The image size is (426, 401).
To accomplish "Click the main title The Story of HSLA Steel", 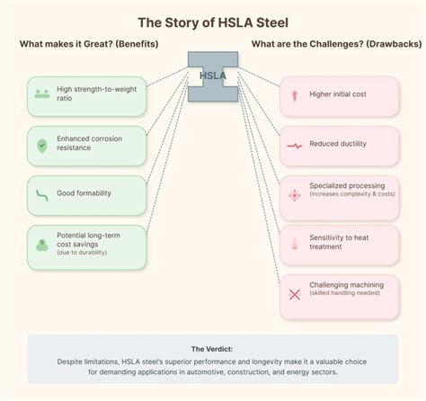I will [x=213, y=21].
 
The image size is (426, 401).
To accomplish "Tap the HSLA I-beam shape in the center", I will [x=213, y=76].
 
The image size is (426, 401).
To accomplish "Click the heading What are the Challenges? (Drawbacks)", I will [x=326, y=45].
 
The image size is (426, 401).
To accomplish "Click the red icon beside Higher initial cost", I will [x=293, y=94].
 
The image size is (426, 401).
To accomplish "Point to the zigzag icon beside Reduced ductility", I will [x=293, y=144].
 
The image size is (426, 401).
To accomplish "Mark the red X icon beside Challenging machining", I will [x=293, y=293].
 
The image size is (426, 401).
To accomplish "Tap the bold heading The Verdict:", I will [x=213, y=348].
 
